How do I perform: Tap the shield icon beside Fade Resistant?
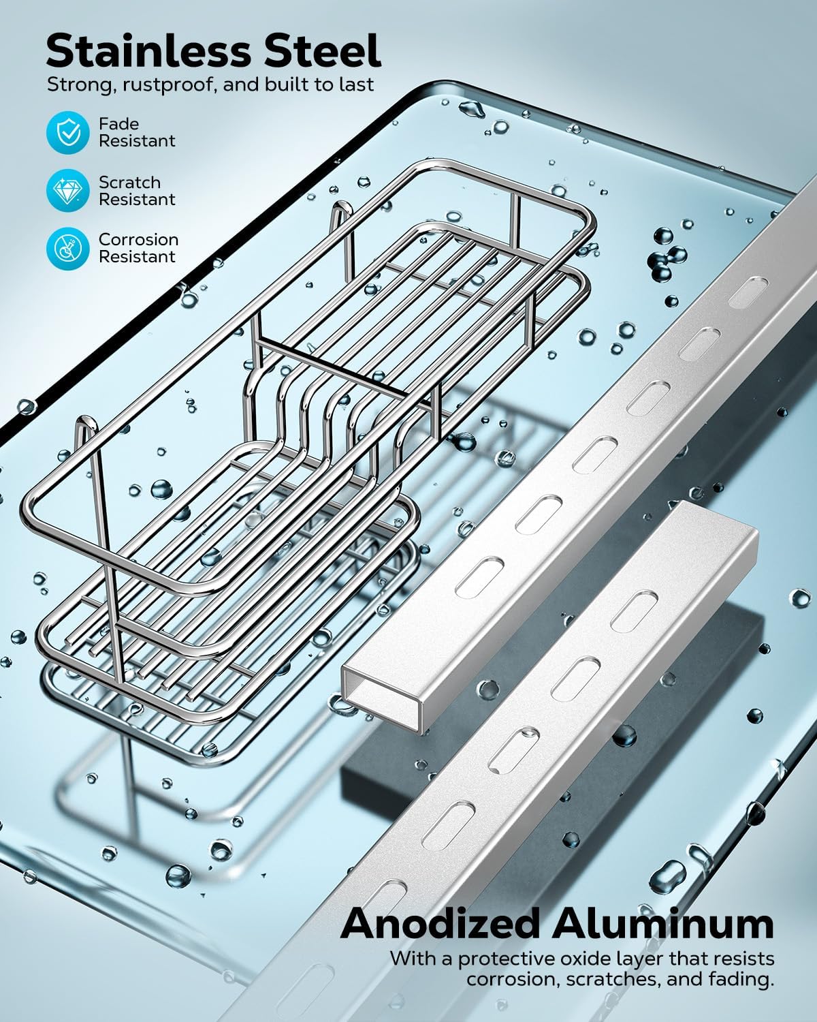tap(68, 133)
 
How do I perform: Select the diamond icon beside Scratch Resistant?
tap(68, 191)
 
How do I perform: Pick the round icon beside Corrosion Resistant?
tap(68, 248)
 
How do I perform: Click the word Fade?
tap(118, 124)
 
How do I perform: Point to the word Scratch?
tap(129, 183)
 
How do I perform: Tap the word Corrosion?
tap(138, 240)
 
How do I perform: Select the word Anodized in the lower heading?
tap(441, 925)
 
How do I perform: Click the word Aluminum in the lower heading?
tap(663, 925)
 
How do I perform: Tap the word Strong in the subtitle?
tap(72, 85)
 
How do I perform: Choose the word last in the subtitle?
tap(356, 85)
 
